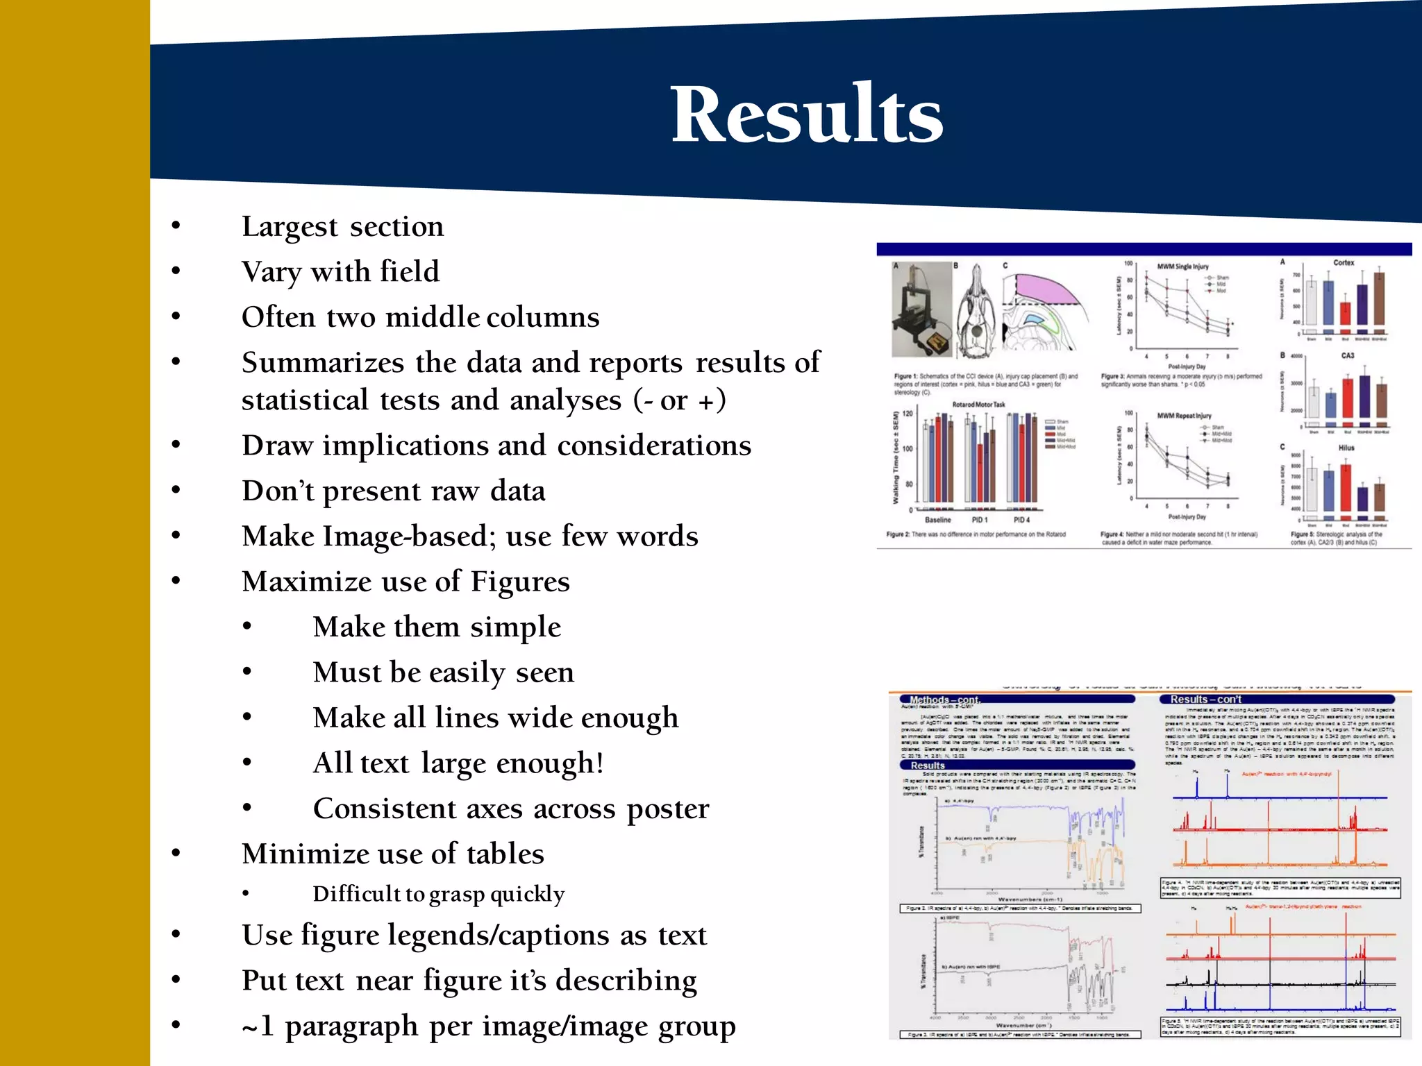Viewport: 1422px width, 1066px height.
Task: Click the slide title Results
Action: (806, 115)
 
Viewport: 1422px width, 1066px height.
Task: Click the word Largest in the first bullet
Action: (290, 227)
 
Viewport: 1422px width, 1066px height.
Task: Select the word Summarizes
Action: (323, 362)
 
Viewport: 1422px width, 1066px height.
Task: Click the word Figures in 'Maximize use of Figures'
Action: (519, 582)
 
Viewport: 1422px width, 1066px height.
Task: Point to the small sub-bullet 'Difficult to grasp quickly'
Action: (438, 894)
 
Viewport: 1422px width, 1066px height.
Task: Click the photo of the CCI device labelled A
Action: (921, 309)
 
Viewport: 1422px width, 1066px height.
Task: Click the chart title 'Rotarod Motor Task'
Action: (978, 405)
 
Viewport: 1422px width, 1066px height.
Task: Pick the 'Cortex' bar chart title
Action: (1343, 263)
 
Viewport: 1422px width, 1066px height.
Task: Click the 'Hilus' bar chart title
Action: (1346, 448)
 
